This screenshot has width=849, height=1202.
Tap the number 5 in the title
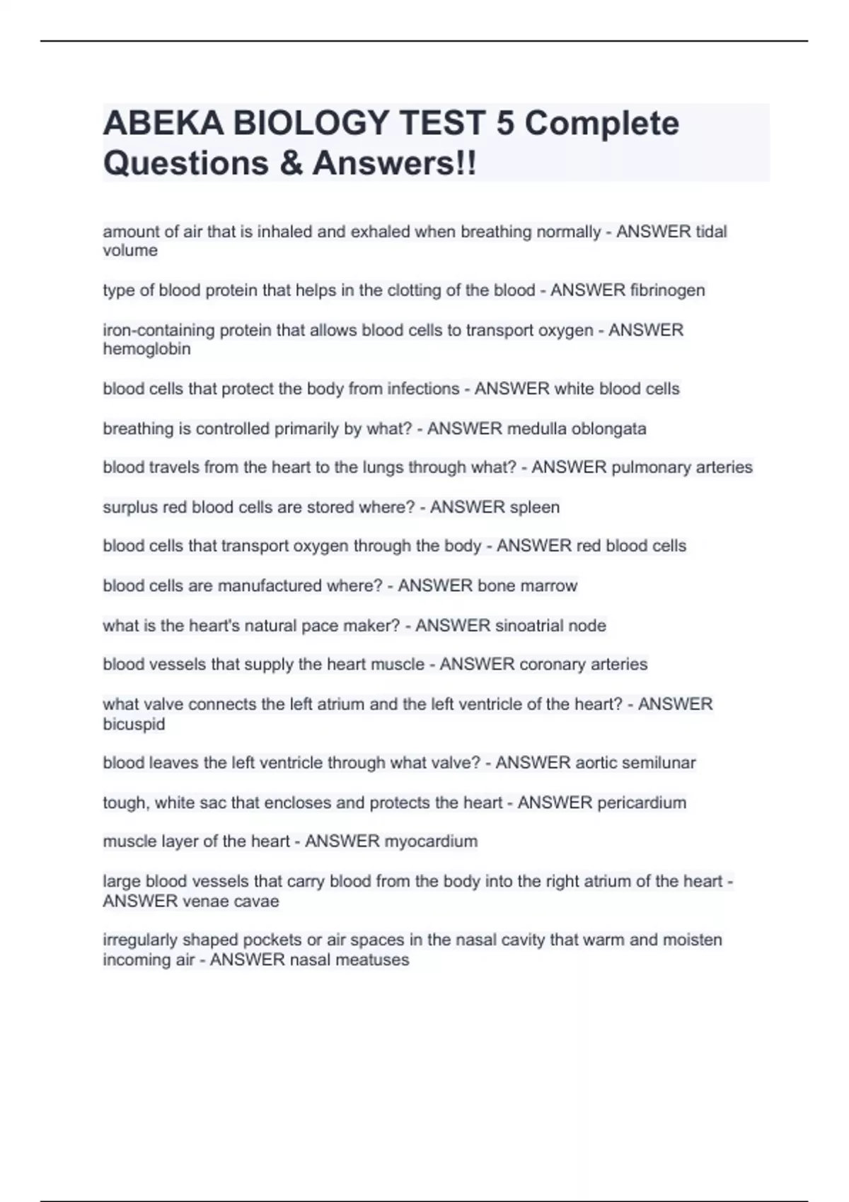505,124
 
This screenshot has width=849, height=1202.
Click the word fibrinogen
667,291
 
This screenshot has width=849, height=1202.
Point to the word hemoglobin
146,349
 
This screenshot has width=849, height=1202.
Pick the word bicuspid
134,724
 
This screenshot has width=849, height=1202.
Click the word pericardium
642,803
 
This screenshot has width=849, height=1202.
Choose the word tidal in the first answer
711,232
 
